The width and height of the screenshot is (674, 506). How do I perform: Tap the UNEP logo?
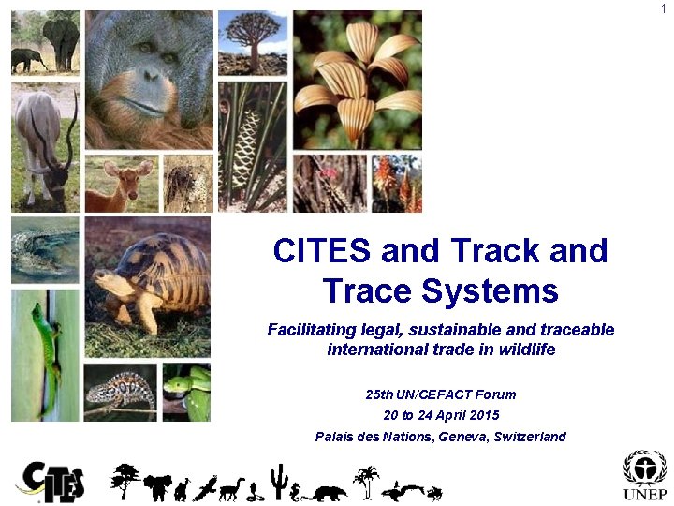645,477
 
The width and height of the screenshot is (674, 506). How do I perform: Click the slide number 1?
664,8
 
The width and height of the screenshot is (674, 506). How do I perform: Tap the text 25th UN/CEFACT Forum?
440,394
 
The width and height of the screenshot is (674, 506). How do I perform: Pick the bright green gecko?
47,347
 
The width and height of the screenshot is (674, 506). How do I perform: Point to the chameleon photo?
121,392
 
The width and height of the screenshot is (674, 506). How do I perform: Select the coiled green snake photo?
186,392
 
